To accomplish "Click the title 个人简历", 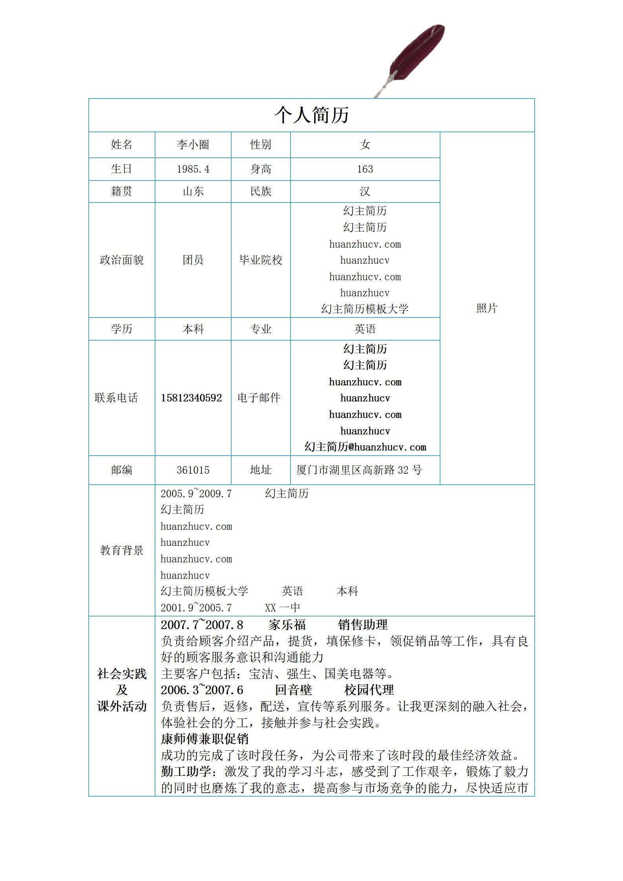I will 311,115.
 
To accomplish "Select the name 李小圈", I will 193,145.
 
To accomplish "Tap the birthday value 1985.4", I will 193,169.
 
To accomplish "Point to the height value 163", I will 365,169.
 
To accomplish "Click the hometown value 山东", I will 193,192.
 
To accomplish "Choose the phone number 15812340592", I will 192,398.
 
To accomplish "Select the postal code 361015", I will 193,470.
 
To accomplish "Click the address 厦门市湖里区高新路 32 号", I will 359,470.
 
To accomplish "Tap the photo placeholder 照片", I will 487,308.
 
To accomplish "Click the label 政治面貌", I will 122,260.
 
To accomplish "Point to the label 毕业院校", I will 261,260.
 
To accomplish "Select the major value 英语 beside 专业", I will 365,329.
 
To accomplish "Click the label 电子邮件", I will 259,398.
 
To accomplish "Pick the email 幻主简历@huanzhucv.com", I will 365,447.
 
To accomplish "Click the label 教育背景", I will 122,550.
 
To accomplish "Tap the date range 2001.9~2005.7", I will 196,608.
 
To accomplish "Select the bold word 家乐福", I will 287,625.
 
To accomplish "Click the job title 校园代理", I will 369,690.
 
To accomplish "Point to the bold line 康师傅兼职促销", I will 205,739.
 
